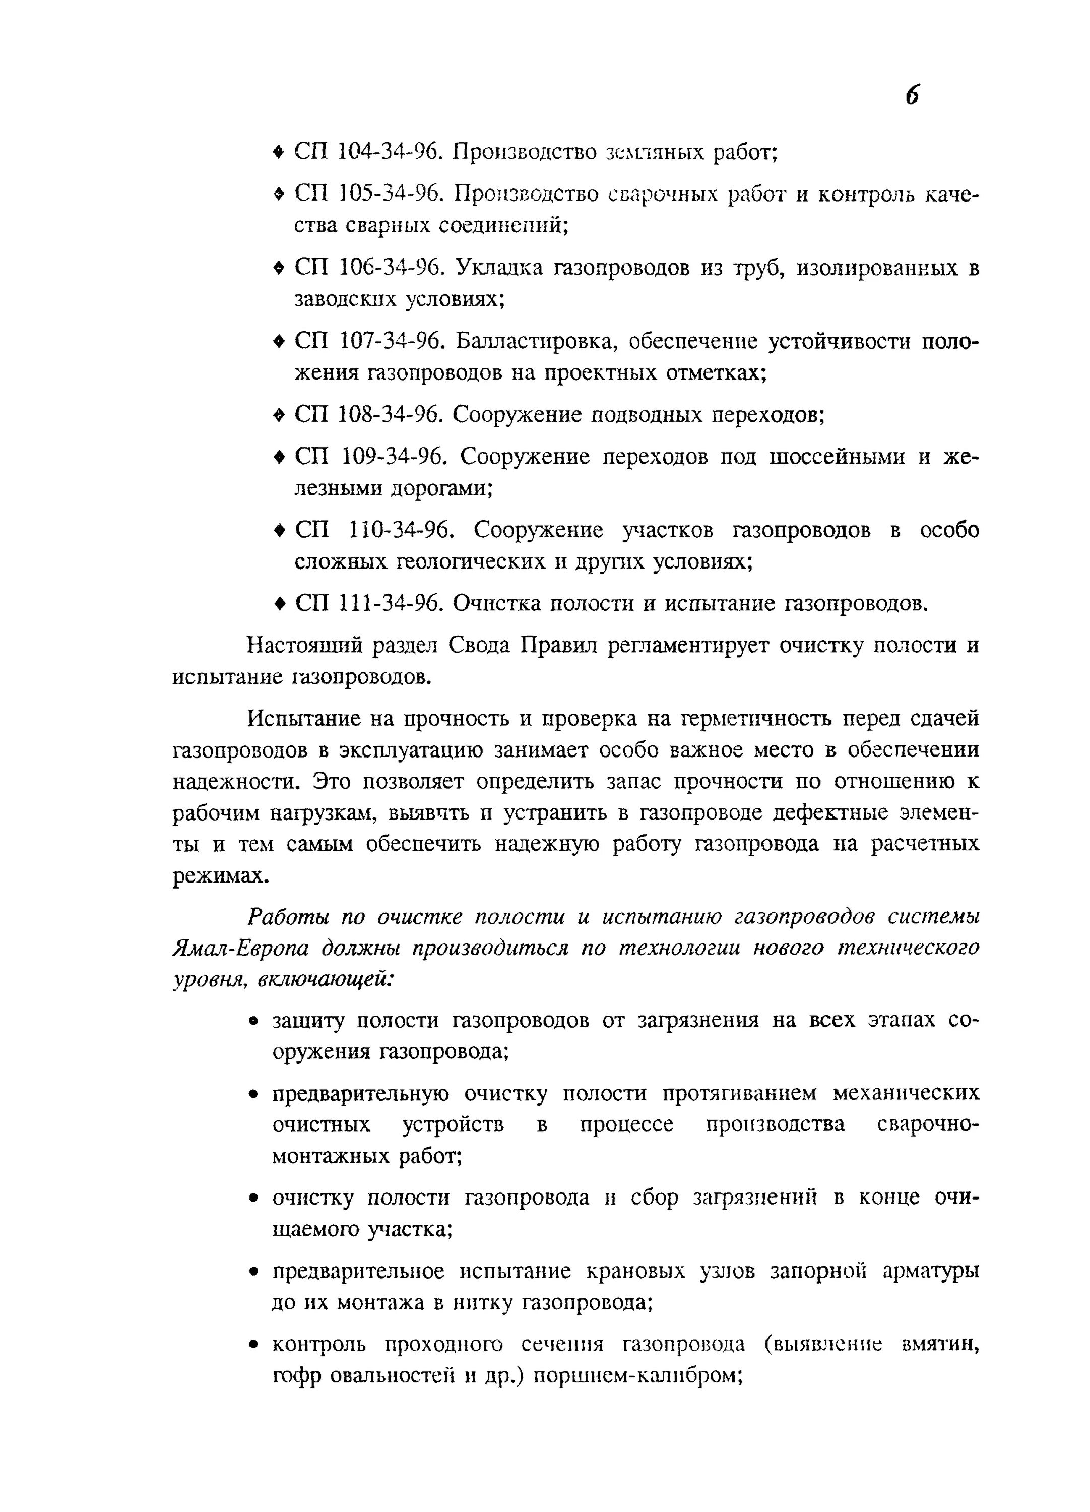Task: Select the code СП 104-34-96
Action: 369,153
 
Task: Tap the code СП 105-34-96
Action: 369,194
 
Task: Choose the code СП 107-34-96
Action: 369,341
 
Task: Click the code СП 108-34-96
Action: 369,415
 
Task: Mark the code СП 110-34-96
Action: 374,530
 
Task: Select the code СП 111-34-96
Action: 369,603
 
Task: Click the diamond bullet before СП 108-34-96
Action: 279,415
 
